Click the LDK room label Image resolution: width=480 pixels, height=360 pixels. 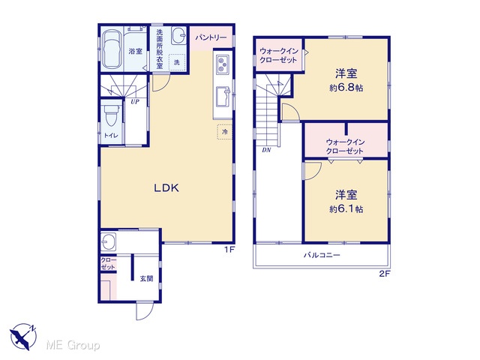point(166,188)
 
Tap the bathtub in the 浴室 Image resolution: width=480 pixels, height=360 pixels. point(111,49)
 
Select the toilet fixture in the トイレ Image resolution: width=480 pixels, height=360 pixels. point(110,115)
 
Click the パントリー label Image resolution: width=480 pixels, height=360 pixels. point(211,37)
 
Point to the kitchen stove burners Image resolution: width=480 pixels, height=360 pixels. point(223,64)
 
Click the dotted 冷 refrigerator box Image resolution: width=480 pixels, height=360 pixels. point(224,132)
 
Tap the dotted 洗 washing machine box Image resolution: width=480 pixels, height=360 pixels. point(177,62)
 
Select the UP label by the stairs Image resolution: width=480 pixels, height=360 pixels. point(135,102)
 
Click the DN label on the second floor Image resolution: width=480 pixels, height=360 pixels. point(266,150)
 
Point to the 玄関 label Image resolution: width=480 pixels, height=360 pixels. point(147,278)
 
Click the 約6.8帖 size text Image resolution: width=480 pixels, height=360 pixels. point(346,88)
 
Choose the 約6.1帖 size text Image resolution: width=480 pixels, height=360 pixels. point(346,209)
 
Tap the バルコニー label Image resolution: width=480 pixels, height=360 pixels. point(322,255)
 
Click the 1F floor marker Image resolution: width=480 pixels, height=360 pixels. point(229,250)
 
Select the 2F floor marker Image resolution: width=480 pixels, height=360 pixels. point(385,274)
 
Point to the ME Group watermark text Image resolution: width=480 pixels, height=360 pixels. point(73,345)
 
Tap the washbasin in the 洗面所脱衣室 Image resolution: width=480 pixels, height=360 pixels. point(178,36)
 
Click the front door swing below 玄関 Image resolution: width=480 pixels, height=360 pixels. point(144,310)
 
